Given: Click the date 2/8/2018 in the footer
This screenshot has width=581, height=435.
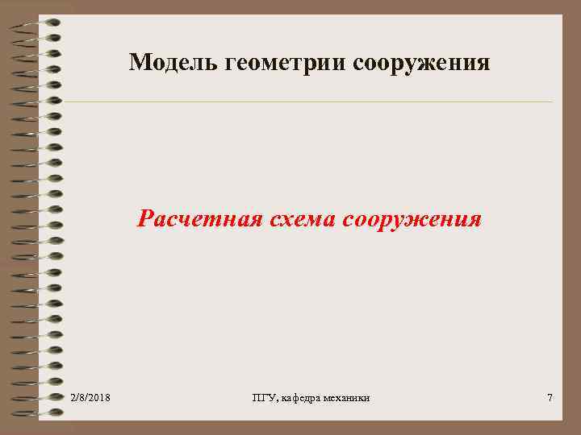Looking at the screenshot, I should pyautogui.click(x=91, y=398).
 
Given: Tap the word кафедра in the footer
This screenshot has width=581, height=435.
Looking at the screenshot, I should pyautogui.click(x=303, y=398).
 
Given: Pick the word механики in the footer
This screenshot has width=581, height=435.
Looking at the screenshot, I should pyautogui.click(x=349, y=398).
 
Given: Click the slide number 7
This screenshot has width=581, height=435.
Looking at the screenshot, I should pyautogui.click(x=550, y=398).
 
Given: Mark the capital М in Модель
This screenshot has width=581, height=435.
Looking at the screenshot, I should pyautogui.click(x=139, y=62).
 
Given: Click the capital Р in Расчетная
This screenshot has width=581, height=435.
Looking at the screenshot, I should pyautogui.click(x=144, y=218).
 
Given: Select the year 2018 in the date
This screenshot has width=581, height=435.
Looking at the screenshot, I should pyautogui.click(x=100, y=398).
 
